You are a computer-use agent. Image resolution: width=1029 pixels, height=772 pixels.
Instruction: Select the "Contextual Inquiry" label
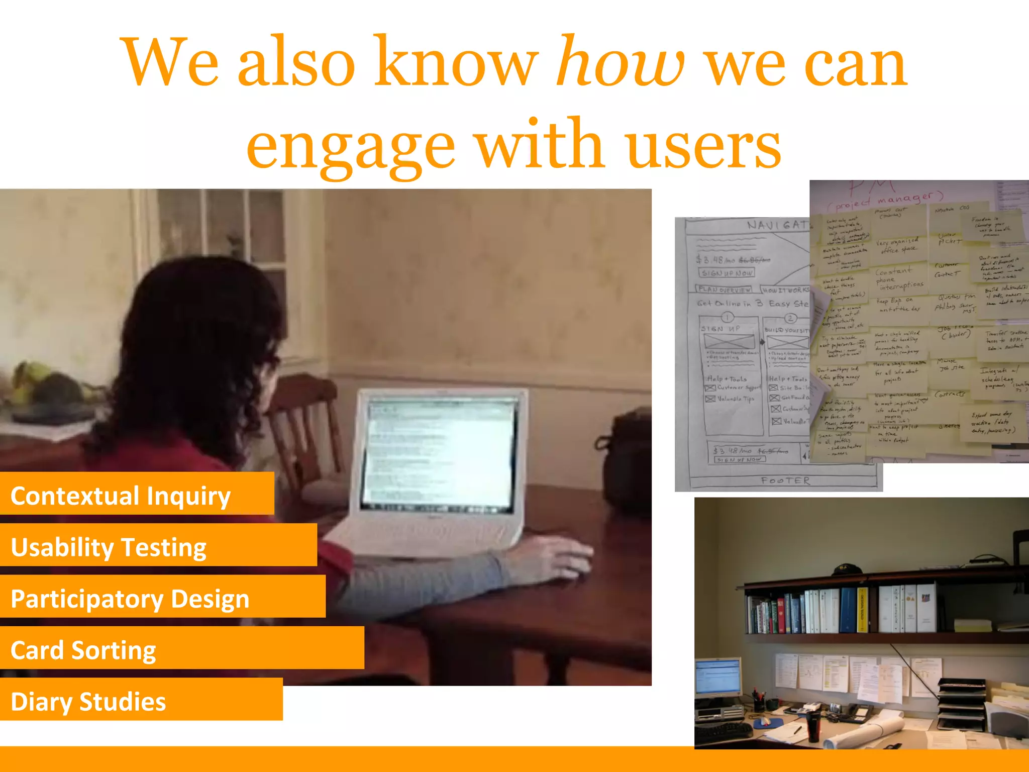(x=121, y=496)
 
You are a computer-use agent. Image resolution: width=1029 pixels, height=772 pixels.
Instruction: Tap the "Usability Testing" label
(x=109, y=547)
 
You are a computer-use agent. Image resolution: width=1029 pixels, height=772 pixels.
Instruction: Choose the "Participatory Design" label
(x=130, y=599)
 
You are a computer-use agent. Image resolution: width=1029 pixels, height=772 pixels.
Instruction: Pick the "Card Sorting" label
(x=83, y=650)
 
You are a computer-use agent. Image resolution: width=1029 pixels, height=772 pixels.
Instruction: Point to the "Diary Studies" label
(x=88, y=702)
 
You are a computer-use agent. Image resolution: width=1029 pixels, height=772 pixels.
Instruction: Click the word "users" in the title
(x=703, y=146)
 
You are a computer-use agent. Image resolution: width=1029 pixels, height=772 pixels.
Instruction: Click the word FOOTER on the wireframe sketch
(x=785, y=481)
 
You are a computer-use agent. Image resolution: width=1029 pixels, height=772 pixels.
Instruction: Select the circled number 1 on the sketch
(x=728, y=317)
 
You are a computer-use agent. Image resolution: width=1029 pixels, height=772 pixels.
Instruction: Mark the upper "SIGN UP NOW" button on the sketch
(x=727, y=273)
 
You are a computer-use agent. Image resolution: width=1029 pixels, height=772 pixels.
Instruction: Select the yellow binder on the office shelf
(x=862, y=610)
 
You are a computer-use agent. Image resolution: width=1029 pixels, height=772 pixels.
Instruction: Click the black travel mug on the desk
(x=813, y=724)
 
